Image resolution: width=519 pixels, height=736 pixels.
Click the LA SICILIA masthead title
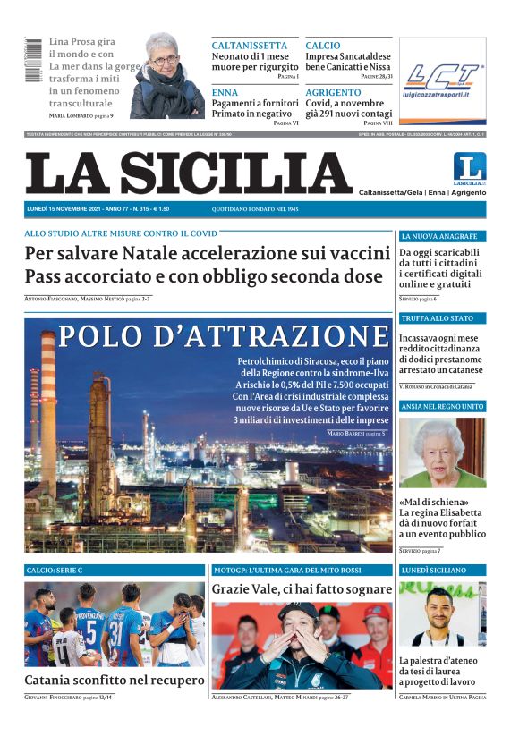(x=188, y=173)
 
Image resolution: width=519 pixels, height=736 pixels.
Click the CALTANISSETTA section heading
(x=250, y=46)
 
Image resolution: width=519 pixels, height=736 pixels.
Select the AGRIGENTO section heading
(x=333, y=92)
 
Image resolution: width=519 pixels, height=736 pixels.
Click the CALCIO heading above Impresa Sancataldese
(x=323, y=46)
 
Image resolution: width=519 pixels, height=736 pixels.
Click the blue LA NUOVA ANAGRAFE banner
(x=442, y=237)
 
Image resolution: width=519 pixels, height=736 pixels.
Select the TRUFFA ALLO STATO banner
(x=442, y=318)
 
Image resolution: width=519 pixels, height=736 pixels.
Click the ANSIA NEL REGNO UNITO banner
(x=442, y=407)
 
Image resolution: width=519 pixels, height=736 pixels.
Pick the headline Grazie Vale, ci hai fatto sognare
(x=302, y=589)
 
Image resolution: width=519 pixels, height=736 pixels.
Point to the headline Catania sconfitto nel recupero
(x=115, y=680)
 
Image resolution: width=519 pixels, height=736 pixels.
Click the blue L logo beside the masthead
(x=469, y=167)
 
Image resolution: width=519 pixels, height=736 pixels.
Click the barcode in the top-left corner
(x=33, y=60)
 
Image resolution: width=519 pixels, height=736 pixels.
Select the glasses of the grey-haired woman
(x=165, y=60)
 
